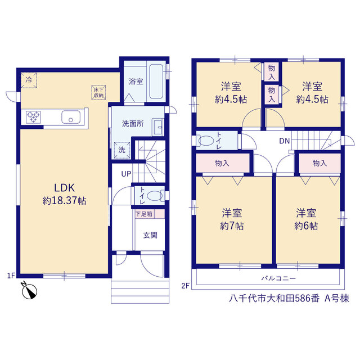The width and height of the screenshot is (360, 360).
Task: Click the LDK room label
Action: (x=64, y=188)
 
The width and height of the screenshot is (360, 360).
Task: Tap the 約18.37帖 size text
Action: (x=64, y=201)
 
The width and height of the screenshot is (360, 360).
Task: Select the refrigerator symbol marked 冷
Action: (x=29, y=80)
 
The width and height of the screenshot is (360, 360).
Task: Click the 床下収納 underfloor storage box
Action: (x=98, y=92)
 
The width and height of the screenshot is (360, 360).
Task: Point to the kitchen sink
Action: (x=71, y=117)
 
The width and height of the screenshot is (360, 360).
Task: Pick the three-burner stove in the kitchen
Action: (x=33, y=117)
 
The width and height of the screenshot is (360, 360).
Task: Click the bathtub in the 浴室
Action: (x=156, y=81)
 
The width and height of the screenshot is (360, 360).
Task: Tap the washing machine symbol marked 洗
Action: (x=122, y=150)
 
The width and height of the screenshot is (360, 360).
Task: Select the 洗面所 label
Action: (x=133, y=124)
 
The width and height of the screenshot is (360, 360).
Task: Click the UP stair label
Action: (x=126, y=174)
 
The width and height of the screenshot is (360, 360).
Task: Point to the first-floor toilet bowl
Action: (x=155, y=196)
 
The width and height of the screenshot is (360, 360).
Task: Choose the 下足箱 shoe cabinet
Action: (x=150, y=214)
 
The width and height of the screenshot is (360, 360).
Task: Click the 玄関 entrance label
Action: (x=150, y=235)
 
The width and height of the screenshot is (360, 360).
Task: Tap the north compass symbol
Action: (x=29, y=291)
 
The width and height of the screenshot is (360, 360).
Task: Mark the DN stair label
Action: (x=284, y=141)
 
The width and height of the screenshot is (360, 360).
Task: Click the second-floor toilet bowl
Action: (x=206, y=141)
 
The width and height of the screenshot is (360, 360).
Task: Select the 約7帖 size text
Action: (x=232, y=226)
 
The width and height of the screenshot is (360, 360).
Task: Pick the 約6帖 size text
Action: (x=306, y=226)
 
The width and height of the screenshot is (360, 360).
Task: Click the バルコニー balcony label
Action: (x=278, y=278)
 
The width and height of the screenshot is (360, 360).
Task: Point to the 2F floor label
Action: (x=186, y=286)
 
